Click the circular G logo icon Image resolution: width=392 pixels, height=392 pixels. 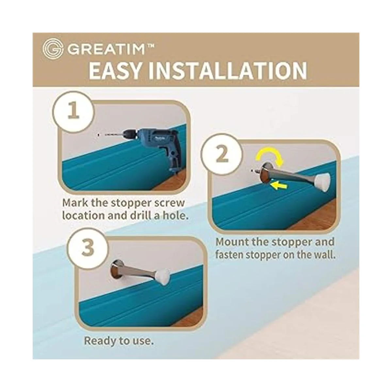[52, 49]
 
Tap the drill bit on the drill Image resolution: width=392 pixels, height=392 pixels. [111, 134]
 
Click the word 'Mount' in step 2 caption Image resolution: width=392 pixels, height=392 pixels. [233, 242]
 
